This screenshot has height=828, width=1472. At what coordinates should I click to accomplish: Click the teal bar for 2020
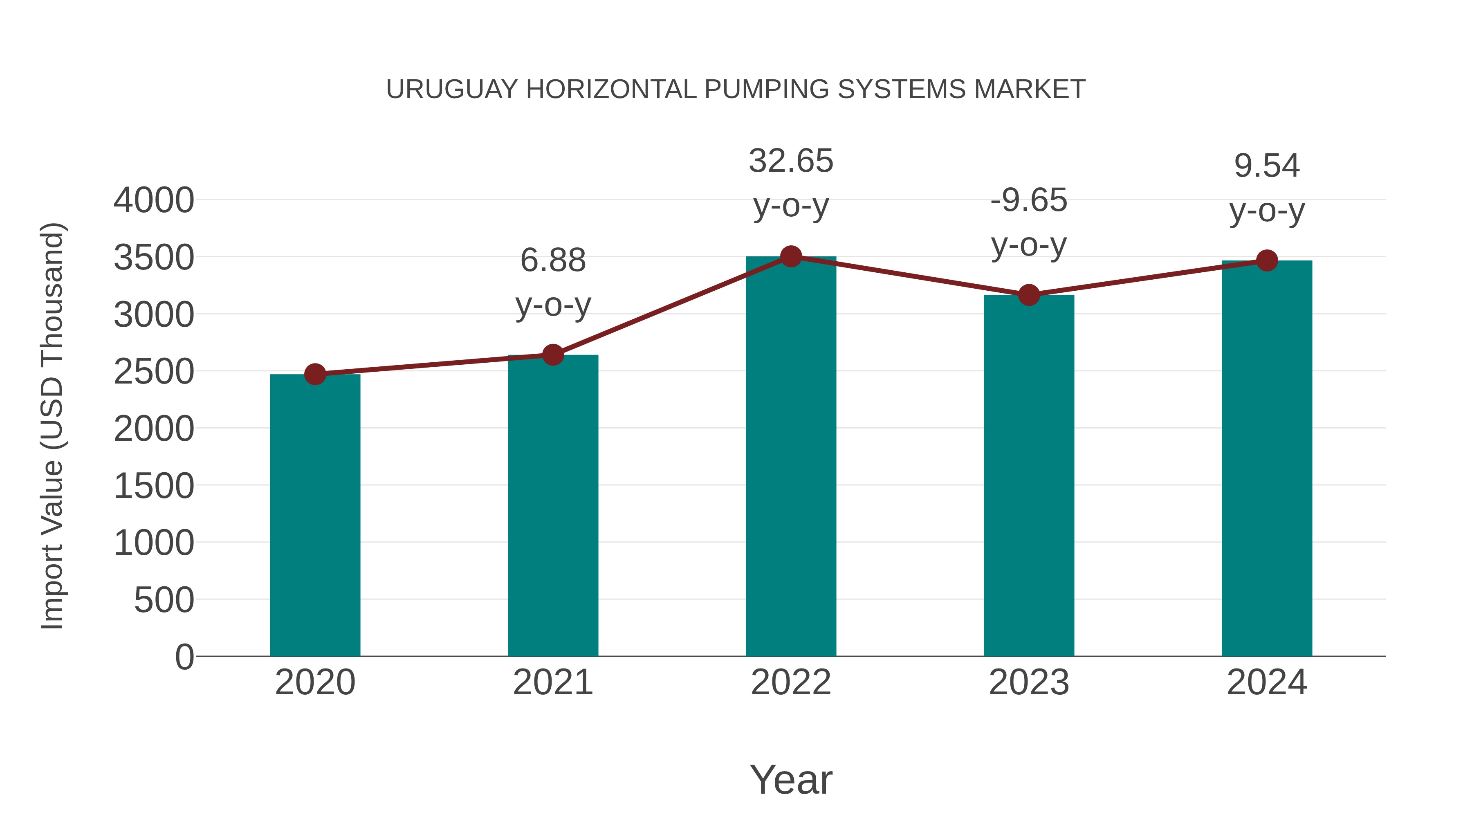[x=315, y=514]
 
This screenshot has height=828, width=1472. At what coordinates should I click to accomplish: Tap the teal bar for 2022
[x=791, y=457]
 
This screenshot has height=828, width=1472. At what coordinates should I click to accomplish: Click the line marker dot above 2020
[x=315, y=374]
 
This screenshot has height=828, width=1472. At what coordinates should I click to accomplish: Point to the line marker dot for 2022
[x=791, y=256]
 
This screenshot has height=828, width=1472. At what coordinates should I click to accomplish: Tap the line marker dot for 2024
[x=1267, y=260]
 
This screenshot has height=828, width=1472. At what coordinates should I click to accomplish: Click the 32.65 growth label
[x=791, y=161]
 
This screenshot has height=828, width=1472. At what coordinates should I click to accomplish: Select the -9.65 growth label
[x=1029, y=201]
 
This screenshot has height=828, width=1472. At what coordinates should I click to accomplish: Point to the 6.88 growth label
[x=552, y=260]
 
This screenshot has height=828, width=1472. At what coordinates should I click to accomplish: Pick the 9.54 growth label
[x=1267, y=166]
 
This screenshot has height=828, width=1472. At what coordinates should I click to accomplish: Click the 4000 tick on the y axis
[x=154, y=201]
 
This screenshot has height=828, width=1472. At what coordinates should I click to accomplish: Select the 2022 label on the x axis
[x=791, y=682]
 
